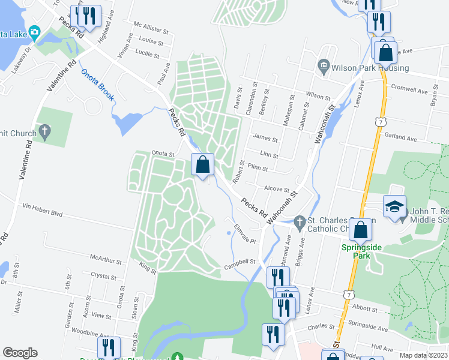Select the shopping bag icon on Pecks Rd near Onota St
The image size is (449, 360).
(x=203, y=164)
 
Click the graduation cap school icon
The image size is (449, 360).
(x=394, y=207)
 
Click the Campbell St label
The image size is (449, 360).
(x=240, y=262)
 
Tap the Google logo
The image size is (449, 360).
(x=20, y=353)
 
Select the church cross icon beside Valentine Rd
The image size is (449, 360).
(x=44, y=131)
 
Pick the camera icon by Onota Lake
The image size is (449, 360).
(x=34, y=32)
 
